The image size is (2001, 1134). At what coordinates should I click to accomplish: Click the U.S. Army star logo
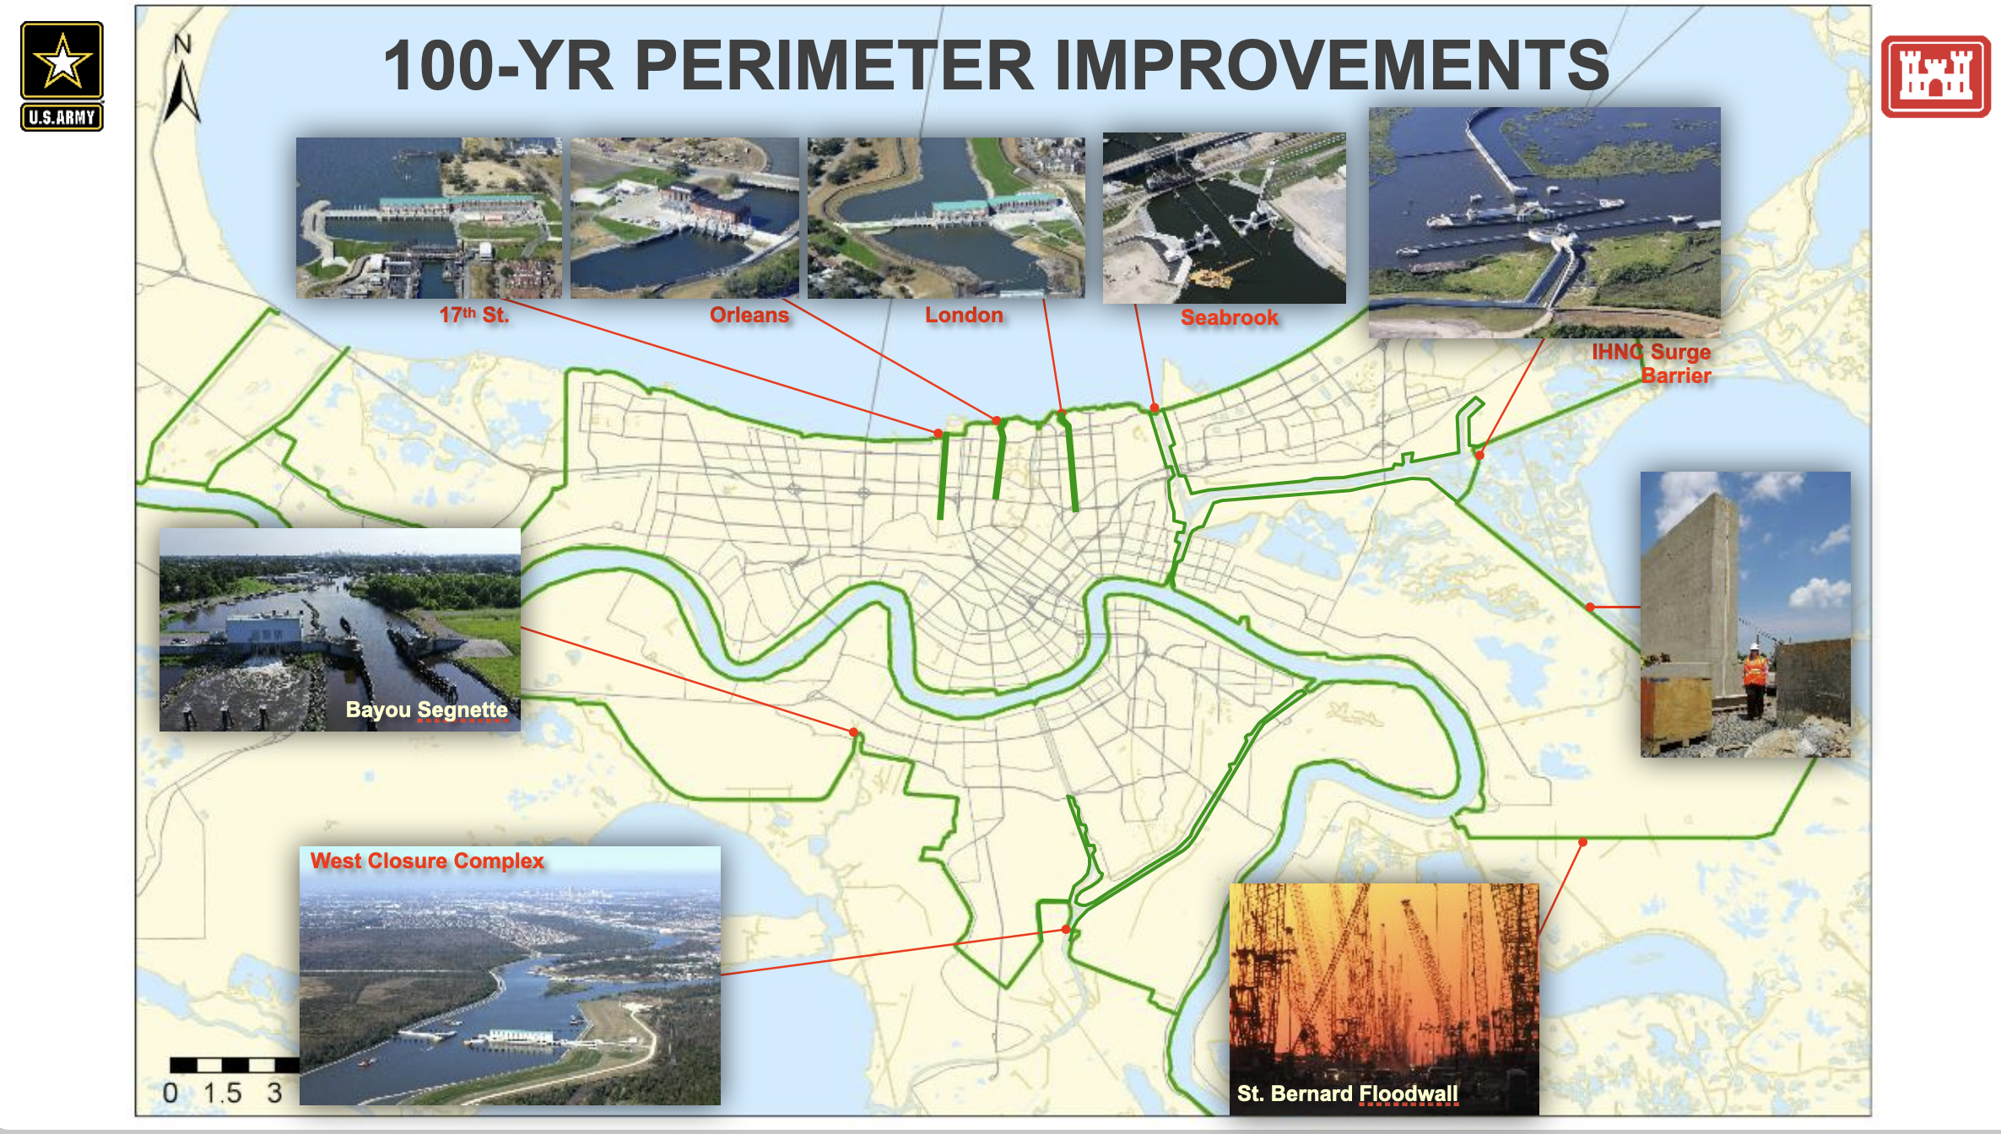[62, 76]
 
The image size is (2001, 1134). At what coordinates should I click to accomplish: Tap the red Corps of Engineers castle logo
[1935, 76]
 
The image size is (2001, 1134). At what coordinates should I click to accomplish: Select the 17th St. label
[473, 315]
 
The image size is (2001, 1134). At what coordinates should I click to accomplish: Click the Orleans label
[749, 315]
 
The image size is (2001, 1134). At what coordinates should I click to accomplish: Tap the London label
[964, 315]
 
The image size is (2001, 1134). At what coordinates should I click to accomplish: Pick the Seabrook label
[1230, 317]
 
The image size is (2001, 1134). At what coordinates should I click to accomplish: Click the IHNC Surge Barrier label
[1652, 364]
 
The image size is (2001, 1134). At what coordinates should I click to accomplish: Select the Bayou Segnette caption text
[426, 710]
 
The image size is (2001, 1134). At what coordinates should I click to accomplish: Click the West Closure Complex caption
[427, 861]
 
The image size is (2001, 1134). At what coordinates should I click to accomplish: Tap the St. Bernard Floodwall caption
[1347, 1093]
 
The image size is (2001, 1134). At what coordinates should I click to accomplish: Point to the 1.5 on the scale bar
[222, 1093]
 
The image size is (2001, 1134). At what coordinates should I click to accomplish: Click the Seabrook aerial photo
[1225, 218]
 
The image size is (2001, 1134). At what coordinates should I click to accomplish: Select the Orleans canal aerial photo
[684, 218]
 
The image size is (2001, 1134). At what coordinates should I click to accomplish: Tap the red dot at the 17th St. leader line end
[938, 433]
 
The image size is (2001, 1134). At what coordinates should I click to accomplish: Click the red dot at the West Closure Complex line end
[1067, 929]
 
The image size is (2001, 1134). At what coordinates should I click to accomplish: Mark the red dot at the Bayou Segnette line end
[854, 732]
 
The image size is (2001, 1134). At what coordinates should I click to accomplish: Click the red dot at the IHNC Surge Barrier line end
[1479, 455]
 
